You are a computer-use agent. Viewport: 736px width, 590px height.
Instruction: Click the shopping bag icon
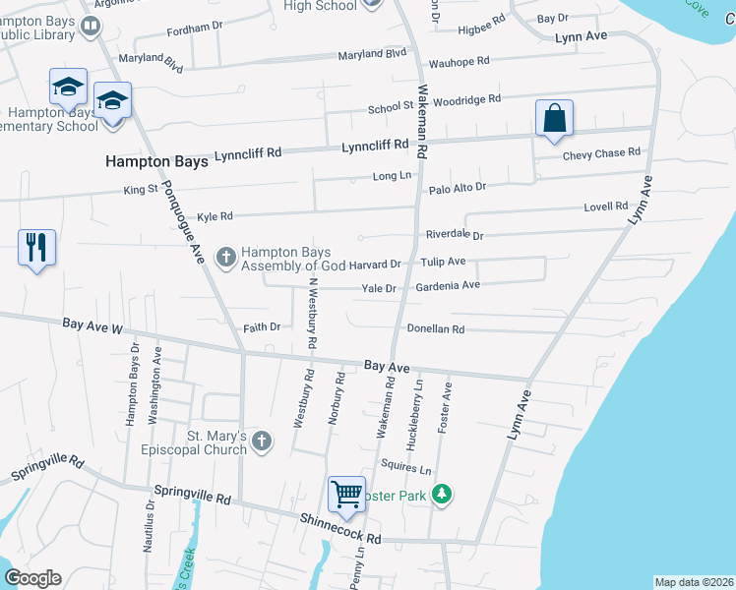pyautogui.click(x=555, y=118)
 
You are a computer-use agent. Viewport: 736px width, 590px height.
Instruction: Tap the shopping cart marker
pyautogui.click(x=346, y=495)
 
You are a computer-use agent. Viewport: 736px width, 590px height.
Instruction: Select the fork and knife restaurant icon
pyautogui.click(x=37, y=247)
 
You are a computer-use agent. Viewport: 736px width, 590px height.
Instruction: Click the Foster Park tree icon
pyautogui.click(x=443, y=495)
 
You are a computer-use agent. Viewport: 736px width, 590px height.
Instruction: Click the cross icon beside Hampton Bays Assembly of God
pyautogui.click(x=225, y=258)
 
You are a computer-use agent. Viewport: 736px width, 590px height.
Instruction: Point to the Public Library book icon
pyautogui.click(x=91, y=26)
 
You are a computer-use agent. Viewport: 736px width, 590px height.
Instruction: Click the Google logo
pyautogui.click(x=32, y=578)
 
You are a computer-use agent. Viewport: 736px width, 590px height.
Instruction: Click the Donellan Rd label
pyautogui.click(x=435, y=329)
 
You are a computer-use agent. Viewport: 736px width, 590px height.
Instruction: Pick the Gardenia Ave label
pyautogui.click(x=448, y=285)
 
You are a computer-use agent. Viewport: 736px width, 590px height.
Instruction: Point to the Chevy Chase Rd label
pyautogui.click(x=601, y=153)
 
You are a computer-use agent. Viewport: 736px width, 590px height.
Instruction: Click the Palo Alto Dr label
pyautogui.click(x=457, y=187)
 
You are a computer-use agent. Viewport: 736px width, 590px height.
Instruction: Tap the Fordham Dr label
pyautogui.click(x=203, y=29)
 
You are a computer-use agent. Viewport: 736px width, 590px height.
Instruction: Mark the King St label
pyautogui.click(x=141, y=189)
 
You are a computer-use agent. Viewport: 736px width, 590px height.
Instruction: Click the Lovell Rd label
pyautogui.click(x=605, y=206)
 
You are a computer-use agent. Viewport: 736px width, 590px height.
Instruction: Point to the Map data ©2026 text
pyautogui.click(x=694, y=582)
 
